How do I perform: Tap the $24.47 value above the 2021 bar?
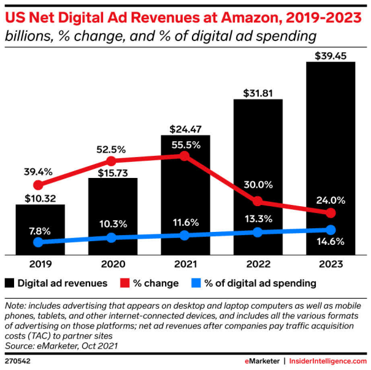(x=185, y=129)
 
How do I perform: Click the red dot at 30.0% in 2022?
(x=258, y=201)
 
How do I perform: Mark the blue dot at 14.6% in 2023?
(x=331, y=229)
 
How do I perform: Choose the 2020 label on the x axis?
(x=112, y=264)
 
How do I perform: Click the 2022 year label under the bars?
(x=258, y=264)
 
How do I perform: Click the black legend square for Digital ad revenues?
(x=10, y=283)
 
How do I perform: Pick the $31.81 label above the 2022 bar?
(x=258, y=92)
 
